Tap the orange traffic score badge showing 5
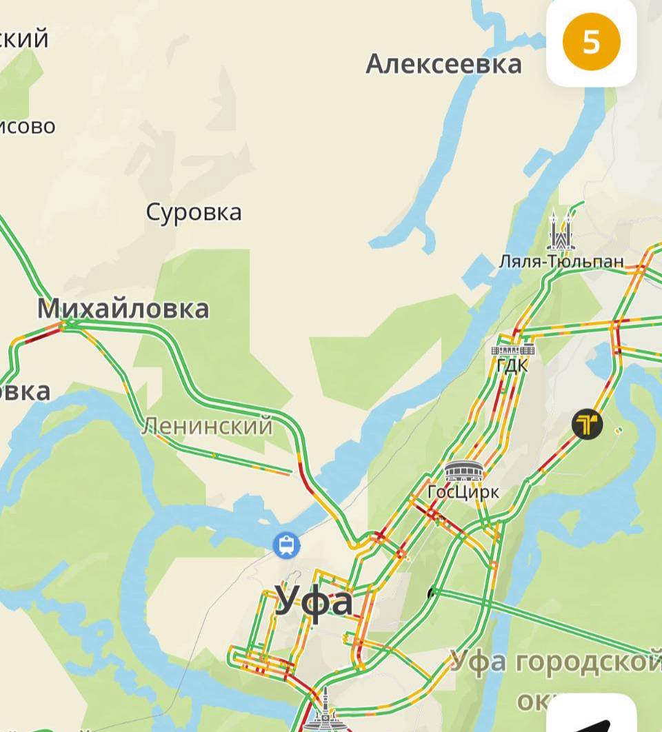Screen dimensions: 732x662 pos(591,43)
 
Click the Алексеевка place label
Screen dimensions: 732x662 pos(443,64)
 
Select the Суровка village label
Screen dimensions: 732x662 pos(194,212)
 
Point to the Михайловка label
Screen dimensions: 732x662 pos(123,308)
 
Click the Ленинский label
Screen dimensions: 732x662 pos(207,427)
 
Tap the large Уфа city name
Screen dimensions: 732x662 pos(314,601)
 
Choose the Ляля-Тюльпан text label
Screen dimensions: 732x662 pos(561,261)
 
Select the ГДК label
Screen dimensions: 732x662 pos(512,365)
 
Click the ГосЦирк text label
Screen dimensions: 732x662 pos(463,492)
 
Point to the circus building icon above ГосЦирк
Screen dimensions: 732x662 pos(464,471)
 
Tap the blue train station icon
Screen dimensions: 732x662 pos(285,545)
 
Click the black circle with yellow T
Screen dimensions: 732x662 pos(587,425)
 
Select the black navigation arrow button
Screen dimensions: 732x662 pos(593,720)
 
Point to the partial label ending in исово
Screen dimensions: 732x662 pos(28,126)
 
